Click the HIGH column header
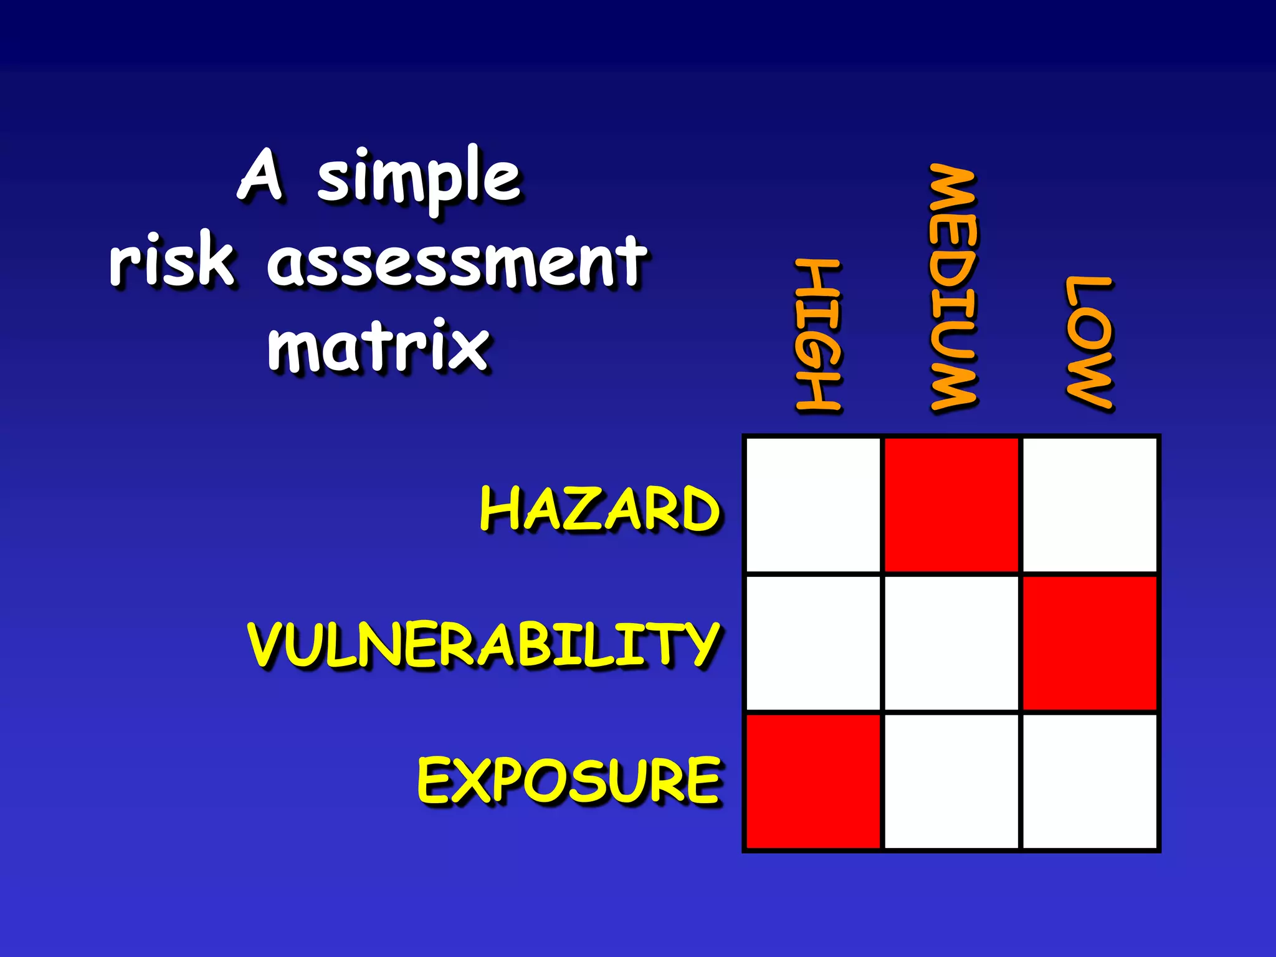point(819,335)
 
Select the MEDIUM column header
point(953,287)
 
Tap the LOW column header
point(1088,342)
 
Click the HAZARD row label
point(599,509)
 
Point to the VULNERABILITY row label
point(483,644)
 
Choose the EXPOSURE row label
point(569,780)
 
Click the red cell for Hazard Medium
point(951,505)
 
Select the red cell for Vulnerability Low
point(1090,643)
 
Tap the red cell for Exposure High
point(813,781)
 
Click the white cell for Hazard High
point(813,505)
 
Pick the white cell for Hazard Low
point(1090,505)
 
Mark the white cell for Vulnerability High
point(813,643)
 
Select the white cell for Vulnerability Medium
point(951,643)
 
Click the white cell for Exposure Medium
point(951,781)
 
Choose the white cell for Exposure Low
point(1090,781)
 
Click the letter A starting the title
point(262,176)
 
